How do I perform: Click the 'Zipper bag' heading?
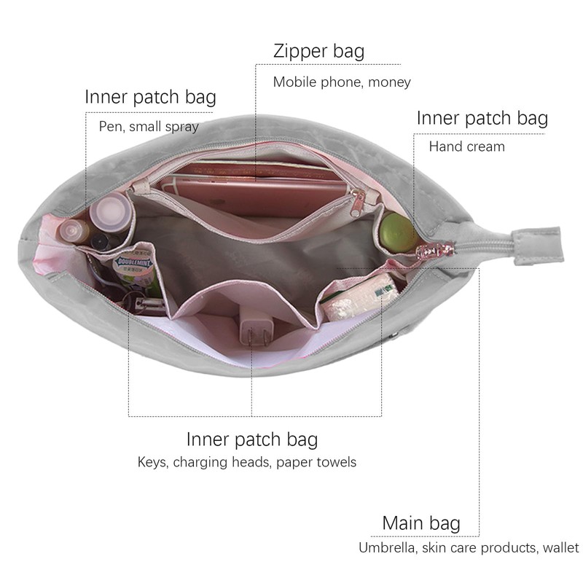pyautogui.click(x=318, y=52)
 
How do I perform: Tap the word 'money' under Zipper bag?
pyautogui.click(x=389, y=82)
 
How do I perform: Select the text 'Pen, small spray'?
pyautogui.click(x=149, y=127)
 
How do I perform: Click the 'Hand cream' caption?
pyautogui.click(x=467, y=146)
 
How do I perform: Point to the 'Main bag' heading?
pyautogui.click(x=421, y=523)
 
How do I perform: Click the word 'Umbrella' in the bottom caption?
pyautogui.click(x=387, y=548)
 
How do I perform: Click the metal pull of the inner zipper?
pyautogui.click(x=357, y=203)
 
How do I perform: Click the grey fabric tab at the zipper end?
pyautogui.click(x=538, y=246)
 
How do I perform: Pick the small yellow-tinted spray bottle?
pyautogui.click(x=74, y=230)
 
